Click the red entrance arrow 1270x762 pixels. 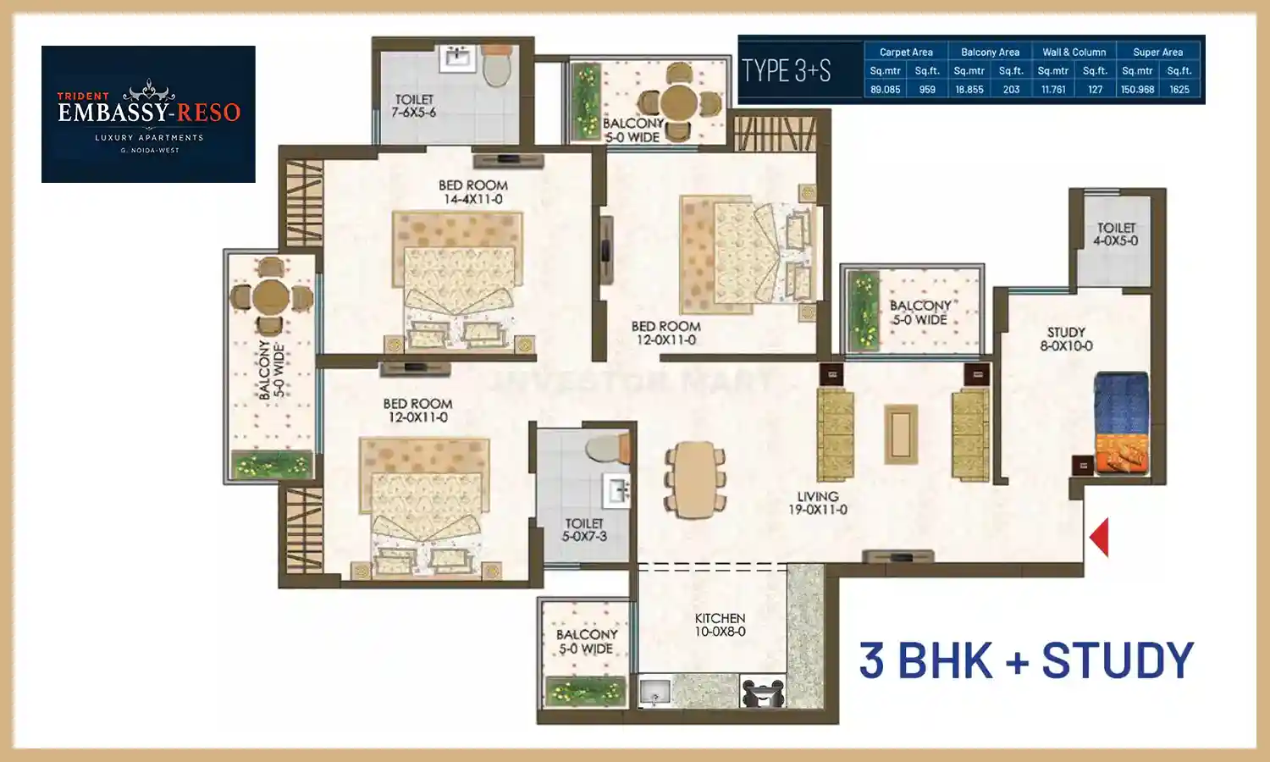point(1100,538)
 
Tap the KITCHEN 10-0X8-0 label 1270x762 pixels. point(720,625)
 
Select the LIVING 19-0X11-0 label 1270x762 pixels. point(817,503)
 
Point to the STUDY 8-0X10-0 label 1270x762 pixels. point(1066,339)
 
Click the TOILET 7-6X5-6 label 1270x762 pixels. point(414,106)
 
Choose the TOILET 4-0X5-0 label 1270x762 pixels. point(1116,234)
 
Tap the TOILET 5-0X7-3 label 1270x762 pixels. point(584,530)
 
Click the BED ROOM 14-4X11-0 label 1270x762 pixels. point(472,192)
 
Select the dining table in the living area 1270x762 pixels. point(695,479)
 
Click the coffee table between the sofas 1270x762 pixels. point(900,434)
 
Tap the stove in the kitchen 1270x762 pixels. point(763,693)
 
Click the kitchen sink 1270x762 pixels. point(654,693)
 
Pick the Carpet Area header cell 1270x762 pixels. point(906,52)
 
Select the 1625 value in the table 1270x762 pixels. point(1179,89)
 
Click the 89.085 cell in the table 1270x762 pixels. point(886,89)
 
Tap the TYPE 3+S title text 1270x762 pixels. point(787,70)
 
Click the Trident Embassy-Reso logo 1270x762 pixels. point(148,114)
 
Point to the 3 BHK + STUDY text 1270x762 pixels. point(1026,660)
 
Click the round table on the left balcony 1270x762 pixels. point(270,296)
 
